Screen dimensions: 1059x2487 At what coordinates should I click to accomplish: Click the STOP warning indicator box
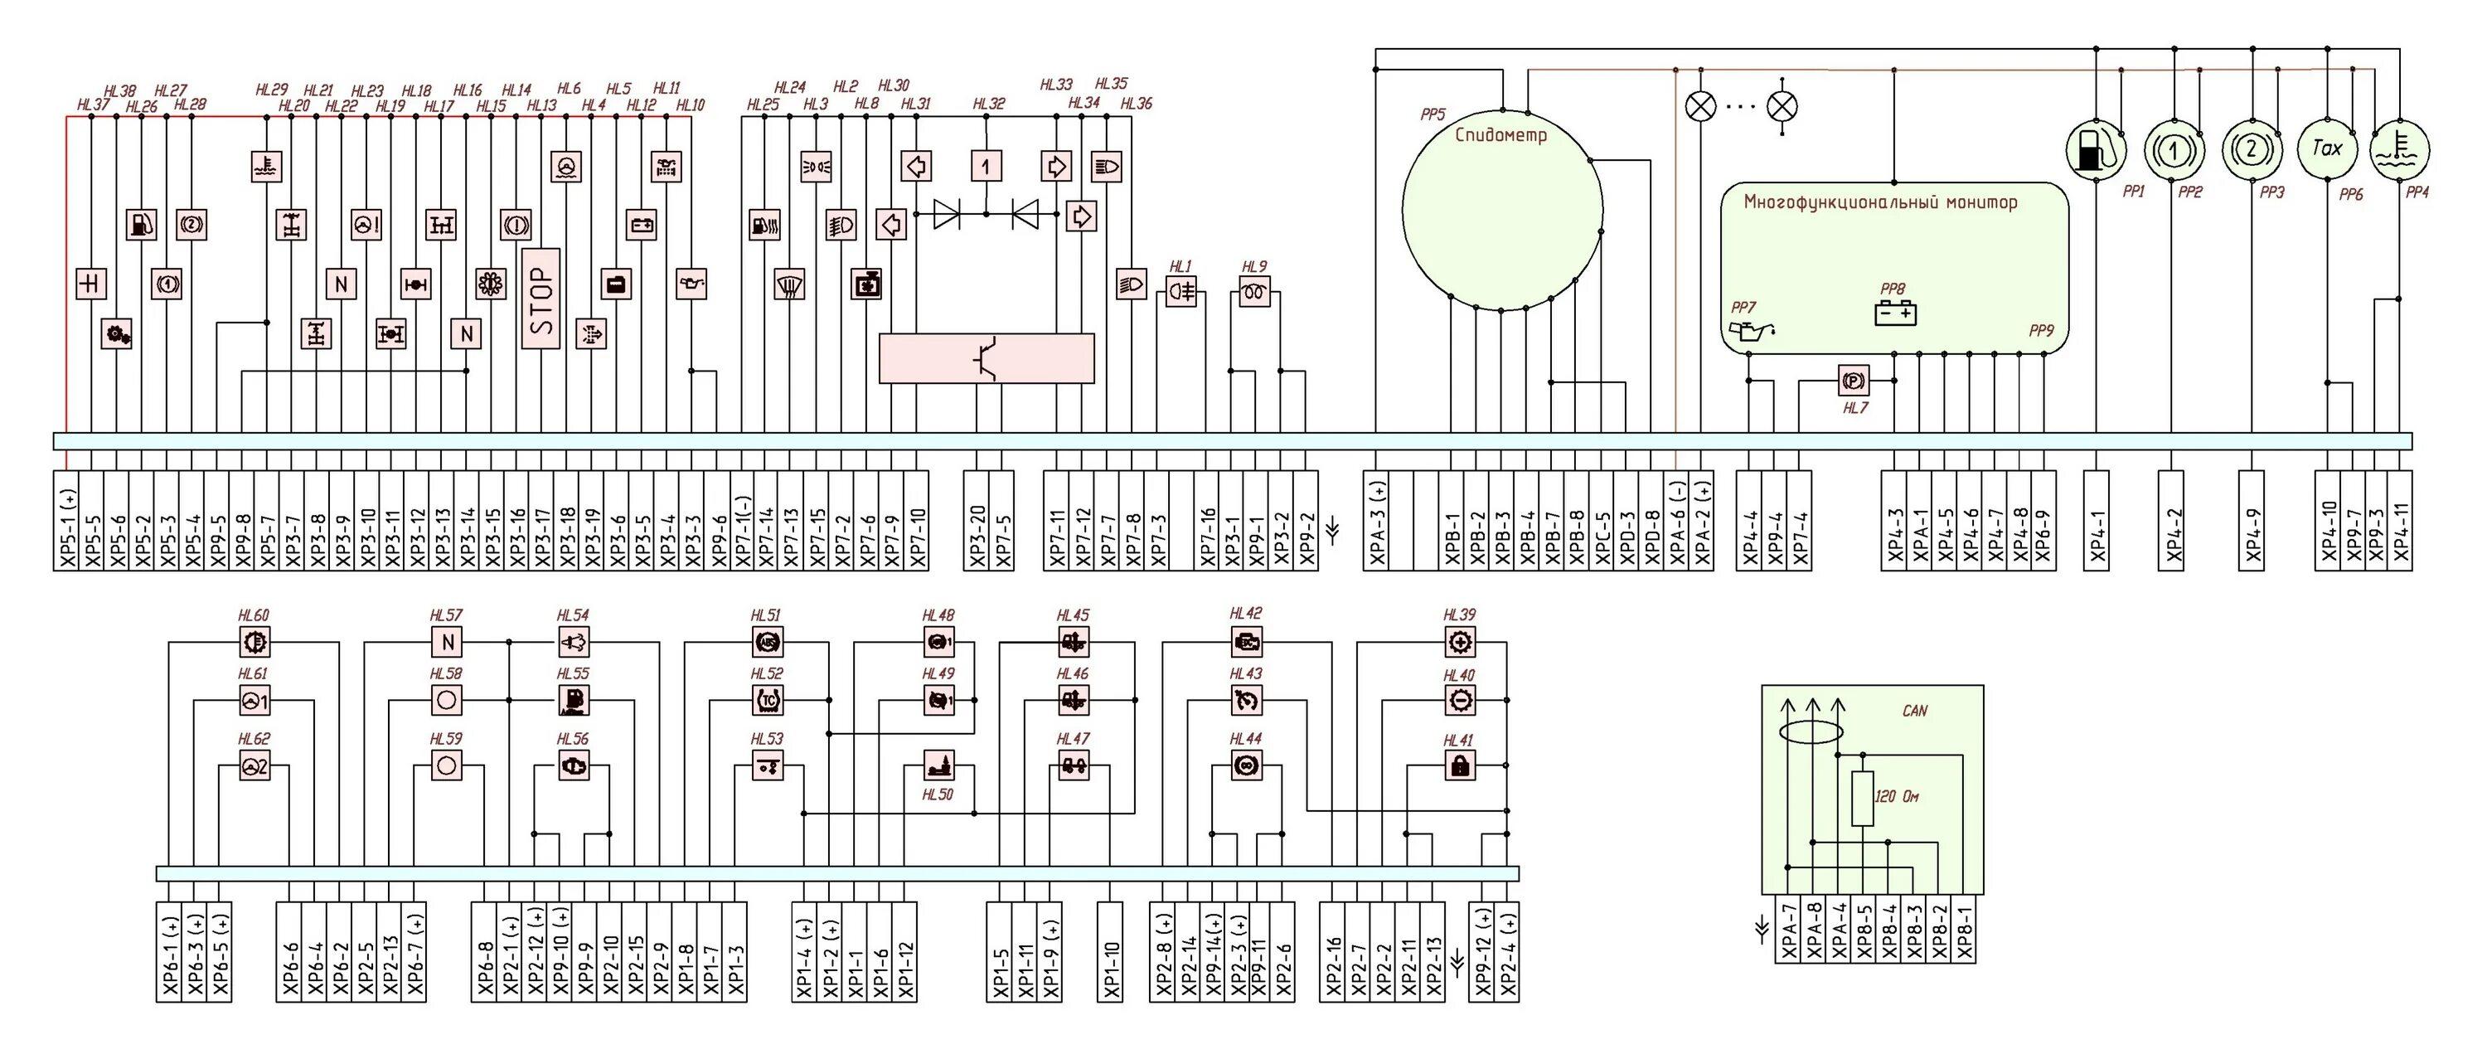(x=541, y=299)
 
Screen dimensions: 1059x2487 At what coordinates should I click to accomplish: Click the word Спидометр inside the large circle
(x=1500, y=135)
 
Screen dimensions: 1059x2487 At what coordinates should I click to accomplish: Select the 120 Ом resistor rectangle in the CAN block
(x=1864, y=799)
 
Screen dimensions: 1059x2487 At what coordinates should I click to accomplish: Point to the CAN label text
(x=1913, y=712)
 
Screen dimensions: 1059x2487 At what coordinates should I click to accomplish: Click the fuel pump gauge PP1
(x=2095, y=151)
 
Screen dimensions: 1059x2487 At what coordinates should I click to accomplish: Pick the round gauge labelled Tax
(x=2327, y=148)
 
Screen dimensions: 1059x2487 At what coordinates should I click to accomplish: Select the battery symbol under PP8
(x=1894, y=313)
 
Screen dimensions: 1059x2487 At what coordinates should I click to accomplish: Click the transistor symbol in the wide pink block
(x=986, y=358)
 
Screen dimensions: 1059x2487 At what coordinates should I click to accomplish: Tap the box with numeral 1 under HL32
(x=986, y=167)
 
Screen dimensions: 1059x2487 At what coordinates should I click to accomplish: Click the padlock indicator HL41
(x=1460, y=767)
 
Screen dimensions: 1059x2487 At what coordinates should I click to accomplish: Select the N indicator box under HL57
(x=447, y=642)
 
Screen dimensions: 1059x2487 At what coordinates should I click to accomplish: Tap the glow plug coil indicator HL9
(x=1254, y=292)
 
